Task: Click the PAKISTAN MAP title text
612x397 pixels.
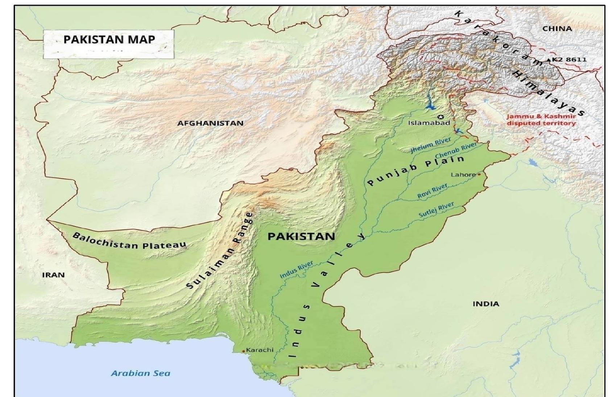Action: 109,39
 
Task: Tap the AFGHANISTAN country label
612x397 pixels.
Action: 210,123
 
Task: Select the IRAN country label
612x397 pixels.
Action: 53,275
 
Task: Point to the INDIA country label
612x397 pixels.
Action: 485,304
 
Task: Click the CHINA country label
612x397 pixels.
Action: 557,29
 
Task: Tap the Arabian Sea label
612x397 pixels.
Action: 140,373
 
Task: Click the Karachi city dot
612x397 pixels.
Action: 243,351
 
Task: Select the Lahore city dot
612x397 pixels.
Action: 479,174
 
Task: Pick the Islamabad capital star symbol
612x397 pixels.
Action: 441,117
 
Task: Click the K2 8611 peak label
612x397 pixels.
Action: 569,59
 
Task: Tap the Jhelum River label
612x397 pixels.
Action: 430,145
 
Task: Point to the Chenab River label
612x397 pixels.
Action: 456,150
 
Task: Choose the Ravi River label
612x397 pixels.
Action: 432,191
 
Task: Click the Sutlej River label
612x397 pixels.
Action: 436,210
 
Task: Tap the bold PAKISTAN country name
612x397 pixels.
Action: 301,236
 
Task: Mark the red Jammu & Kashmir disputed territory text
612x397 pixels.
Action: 541,120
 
